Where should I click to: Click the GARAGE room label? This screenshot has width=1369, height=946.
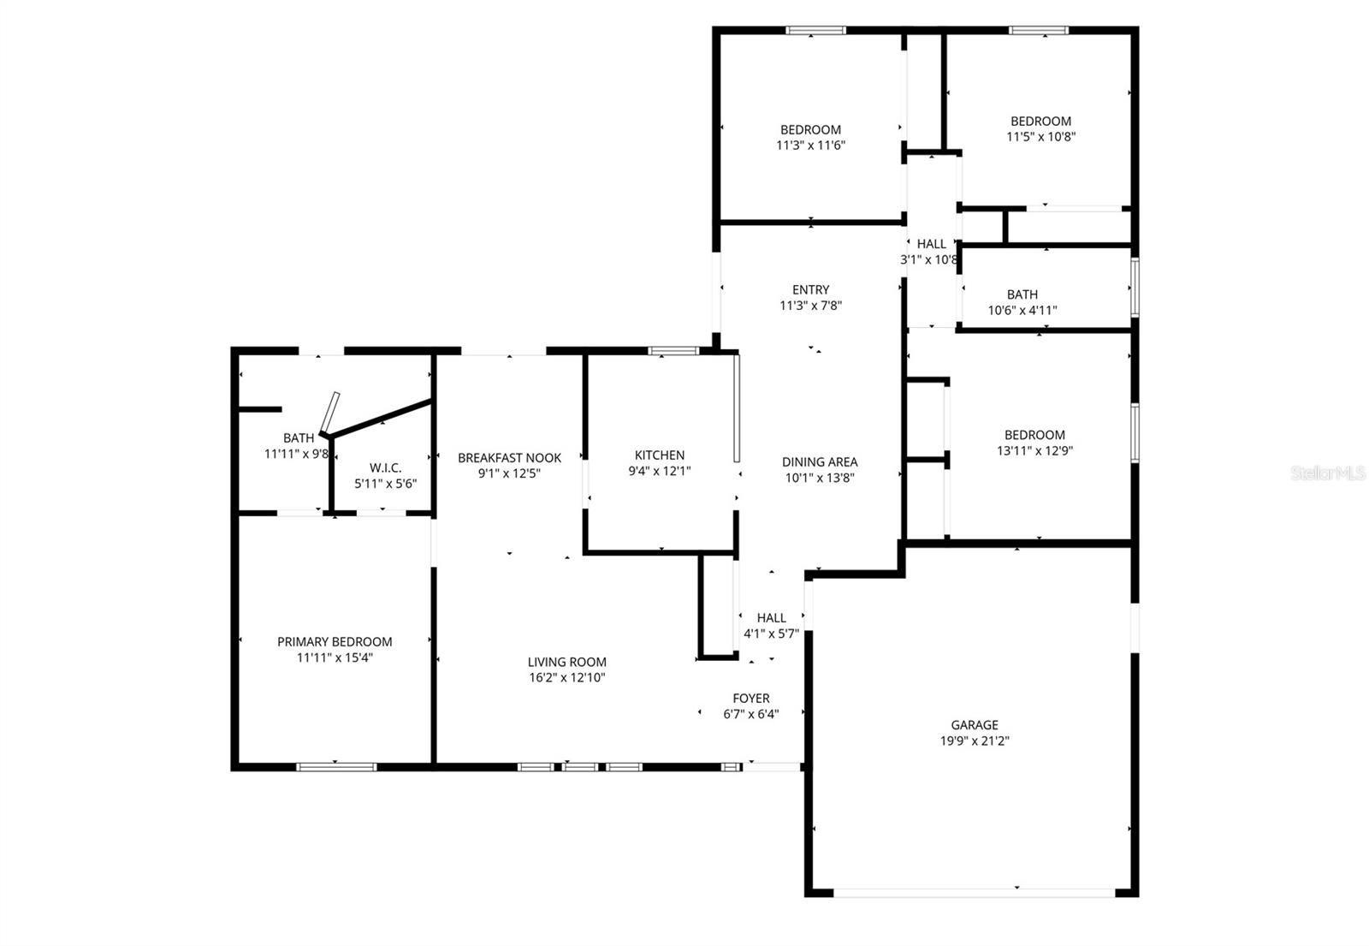(x=975, y=725)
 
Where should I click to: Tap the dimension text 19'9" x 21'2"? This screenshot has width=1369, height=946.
(x=975, y=741)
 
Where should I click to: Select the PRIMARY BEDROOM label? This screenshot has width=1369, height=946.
(x=335, y=642)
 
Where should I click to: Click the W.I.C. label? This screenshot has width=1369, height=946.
(x=385, y=467)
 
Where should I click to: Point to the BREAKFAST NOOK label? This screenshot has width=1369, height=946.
(x=509, y=458)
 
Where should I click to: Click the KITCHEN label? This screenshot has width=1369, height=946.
(x=659, y=455)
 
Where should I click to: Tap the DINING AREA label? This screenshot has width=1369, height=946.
(x=819, y=462)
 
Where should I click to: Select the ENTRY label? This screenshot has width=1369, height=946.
(x=810, y=290)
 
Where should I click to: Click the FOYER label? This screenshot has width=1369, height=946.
(x=750, y=699)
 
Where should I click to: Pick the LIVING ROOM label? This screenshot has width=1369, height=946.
(x=566, y=662)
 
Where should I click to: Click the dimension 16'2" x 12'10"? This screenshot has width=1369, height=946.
(x=566, y=678)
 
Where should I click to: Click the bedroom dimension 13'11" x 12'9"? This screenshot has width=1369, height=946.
(x=1034, y=450)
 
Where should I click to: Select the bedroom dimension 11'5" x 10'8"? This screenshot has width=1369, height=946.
(x=1040, y=137)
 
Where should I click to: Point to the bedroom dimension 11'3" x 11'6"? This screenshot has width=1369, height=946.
(x=810, y=146)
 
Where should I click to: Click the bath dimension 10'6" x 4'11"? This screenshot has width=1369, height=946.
(x=1022, y=311)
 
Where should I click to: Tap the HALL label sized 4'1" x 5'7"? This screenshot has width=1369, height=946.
(x=771, y=618)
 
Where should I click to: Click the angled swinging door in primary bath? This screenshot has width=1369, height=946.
(x=330, y=414)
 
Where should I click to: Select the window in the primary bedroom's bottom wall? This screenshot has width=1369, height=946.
(x=335, y=766)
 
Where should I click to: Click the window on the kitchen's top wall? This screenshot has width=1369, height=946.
(x=673, y=350)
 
